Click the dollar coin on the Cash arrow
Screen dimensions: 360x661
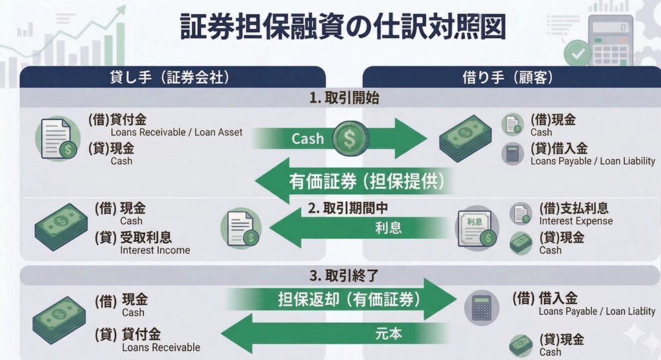(349, 139)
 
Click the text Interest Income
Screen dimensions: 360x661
(155, 250)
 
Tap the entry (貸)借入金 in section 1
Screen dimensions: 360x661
(558, 148)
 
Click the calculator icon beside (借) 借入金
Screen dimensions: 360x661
(482, 308)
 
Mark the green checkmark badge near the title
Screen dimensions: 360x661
(577, 52)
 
